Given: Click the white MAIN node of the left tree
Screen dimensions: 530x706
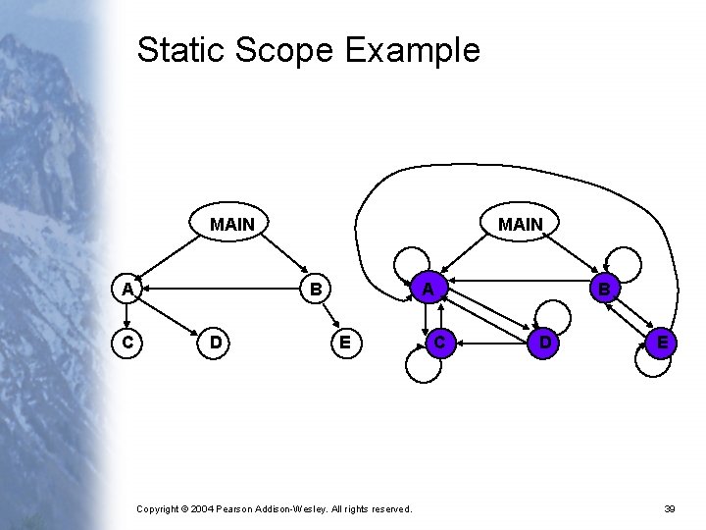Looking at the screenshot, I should coord(232,225).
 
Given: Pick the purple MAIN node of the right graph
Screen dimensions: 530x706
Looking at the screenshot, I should coord(520,225).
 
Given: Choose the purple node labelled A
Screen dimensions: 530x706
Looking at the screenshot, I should coord(427,290).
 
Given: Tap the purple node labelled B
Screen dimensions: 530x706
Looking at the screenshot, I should coord(604,290).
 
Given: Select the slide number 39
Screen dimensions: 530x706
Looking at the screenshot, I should coord(670,508).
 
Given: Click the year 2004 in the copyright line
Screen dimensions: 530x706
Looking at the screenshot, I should coord(200,508).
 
